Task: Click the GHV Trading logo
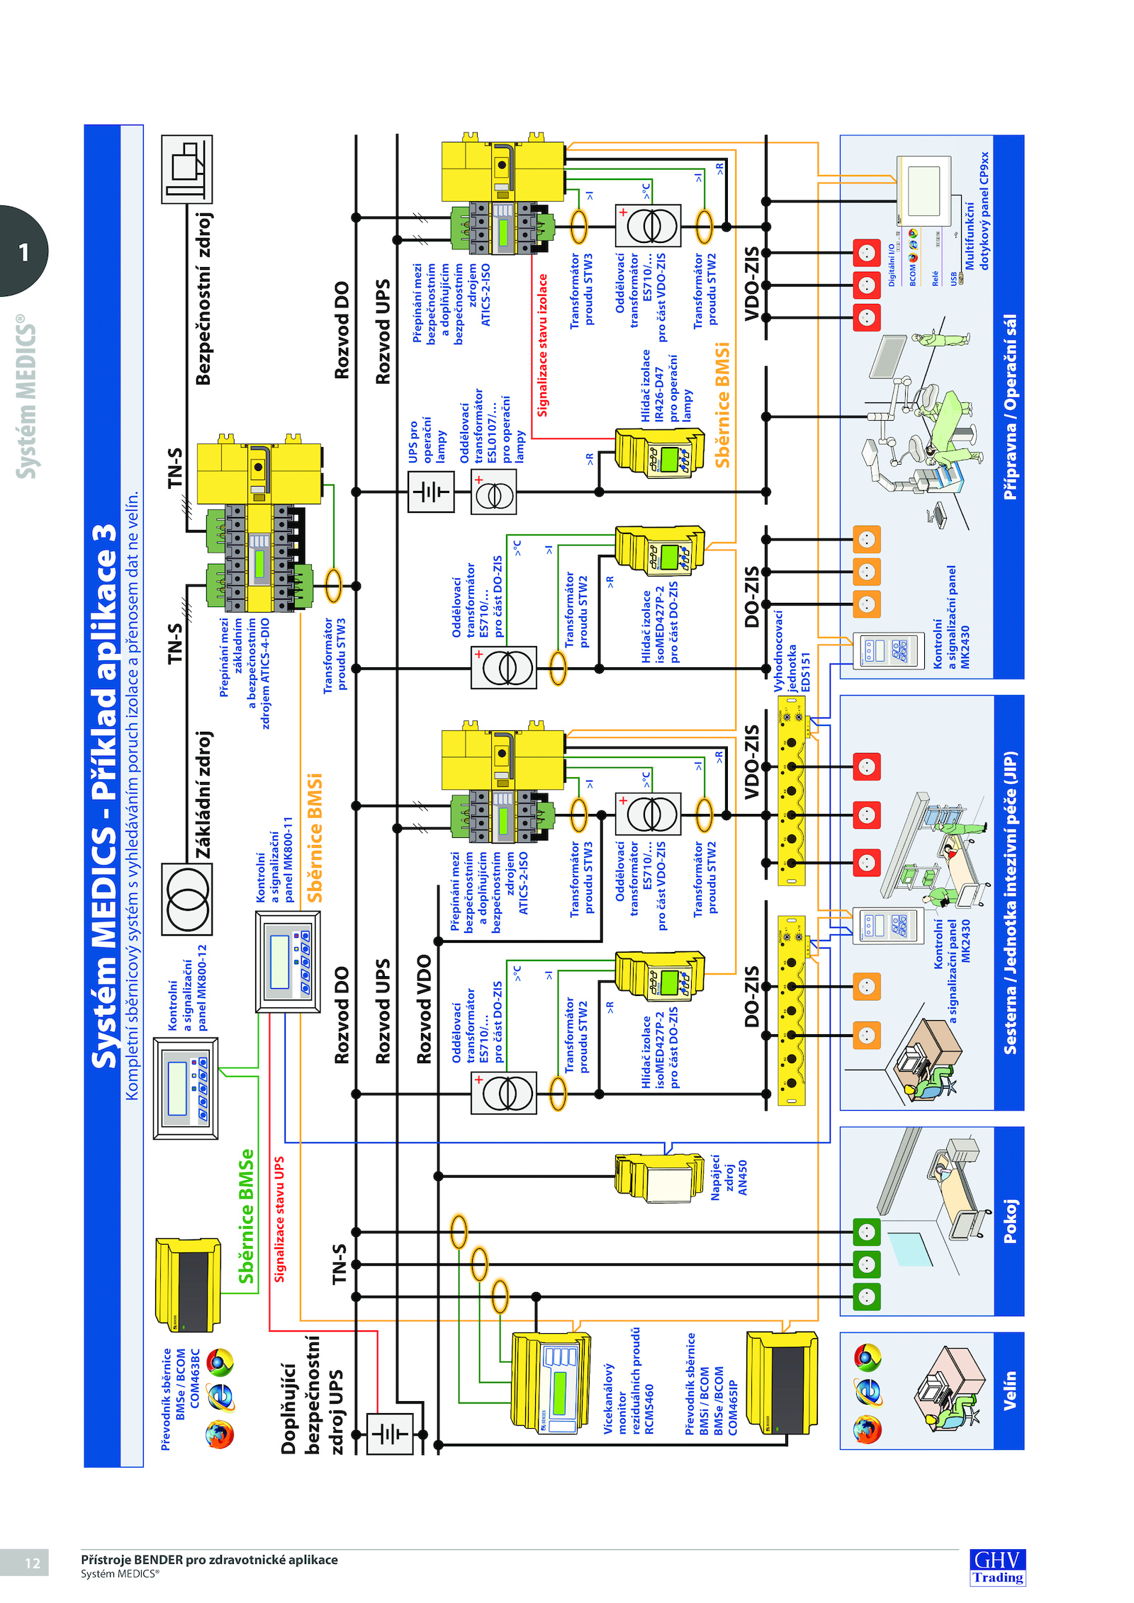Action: (997, 1566)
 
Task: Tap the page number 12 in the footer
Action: (33, 1563)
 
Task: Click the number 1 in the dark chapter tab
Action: (24, 252)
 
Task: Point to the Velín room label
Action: (1009, 1390)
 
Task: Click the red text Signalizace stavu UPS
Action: (279, 1219)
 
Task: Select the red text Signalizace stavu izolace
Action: (542, 345)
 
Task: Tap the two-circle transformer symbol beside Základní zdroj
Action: (187, 899)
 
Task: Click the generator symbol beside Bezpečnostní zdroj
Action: (187, 169)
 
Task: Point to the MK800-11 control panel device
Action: (288, 961)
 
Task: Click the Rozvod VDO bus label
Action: (424, 1009)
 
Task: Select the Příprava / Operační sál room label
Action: (1009, 407)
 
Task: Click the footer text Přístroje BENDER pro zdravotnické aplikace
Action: (209, 1559)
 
